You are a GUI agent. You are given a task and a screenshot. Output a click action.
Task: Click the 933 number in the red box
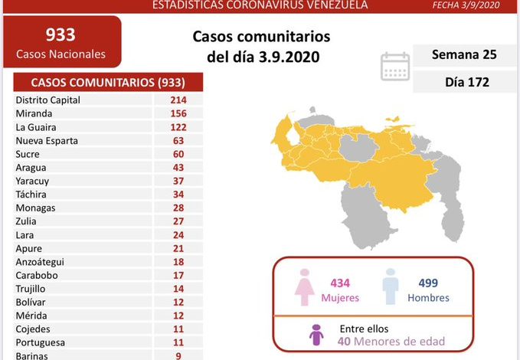point(61,34)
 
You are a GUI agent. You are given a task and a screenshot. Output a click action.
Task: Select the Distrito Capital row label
point(47,100)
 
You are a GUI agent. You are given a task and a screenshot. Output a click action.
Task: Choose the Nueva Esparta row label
point(46,140)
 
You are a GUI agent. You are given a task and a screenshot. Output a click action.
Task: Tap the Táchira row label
point(31,194)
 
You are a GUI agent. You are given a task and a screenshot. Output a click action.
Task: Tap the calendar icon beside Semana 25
point(395,66)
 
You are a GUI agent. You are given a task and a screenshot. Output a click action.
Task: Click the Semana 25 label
point(464,55)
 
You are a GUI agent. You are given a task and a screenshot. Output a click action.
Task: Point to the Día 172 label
point(464,81)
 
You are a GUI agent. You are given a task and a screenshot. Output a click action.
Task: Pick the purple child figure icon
point(315,335)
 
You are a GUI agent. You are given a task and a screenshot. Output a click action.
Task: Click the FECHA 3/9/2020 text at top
point(477,5)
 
